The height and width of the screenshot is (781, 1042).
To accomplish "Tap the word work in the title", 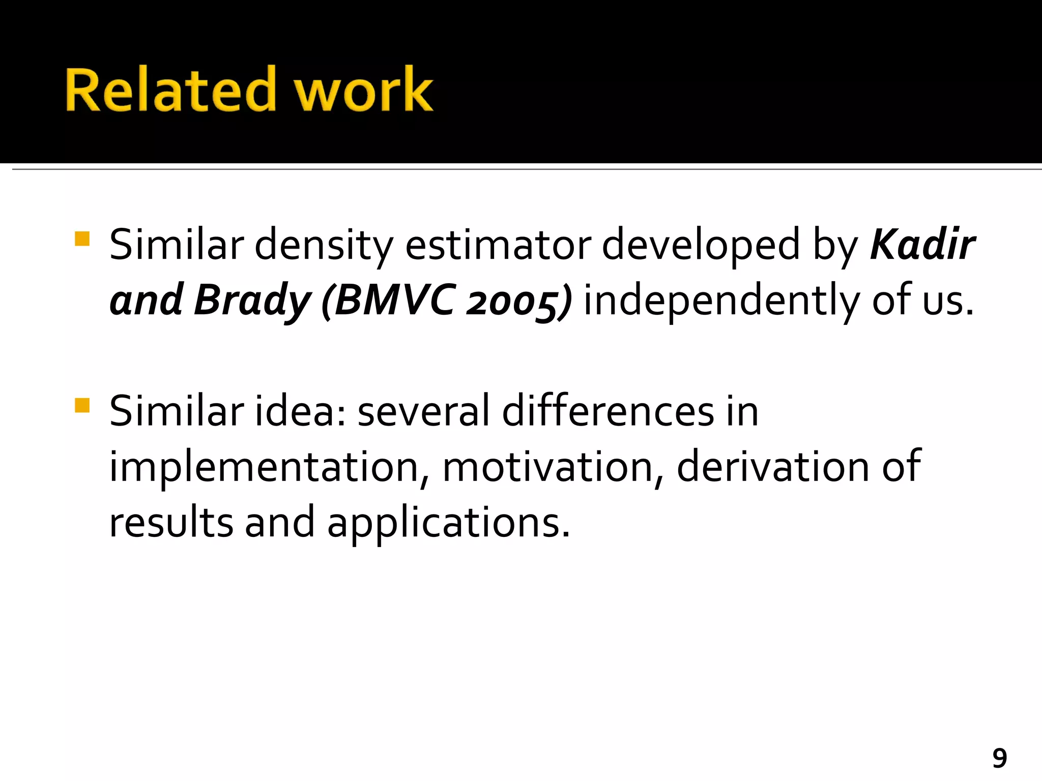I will (364, 90).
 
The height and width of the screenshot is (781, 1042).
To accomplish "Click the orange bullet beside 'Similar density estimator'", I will (82, 239).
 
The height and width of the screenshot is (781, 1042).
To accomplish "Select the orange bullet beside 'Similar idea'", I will (82, 405).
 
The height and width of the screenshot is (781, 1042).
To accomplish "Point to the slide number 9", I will (999, 759).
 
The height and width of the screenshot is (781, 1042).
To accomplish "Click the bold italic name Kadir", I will (922, 245).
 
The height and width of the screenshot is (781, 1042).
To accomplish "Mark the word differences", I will (609, 411).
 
